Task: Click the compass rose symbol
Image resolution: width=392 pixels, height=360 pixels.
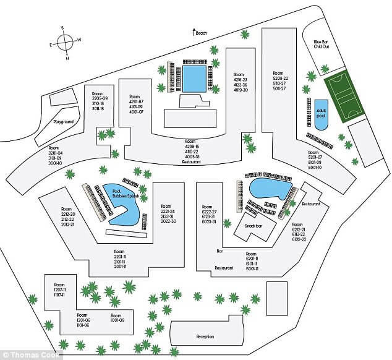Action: pyautogui.click(x=64, y=43)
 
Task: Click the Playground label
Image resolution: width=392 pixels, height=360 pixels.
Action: pyautogui.click(x=63, y=122)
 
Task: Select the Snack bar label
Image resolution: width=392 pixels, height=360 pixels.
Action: pyautogui.click(x=252, y=226)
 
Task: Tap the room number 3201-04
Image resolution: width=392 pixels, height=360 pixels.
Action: pyautogui.click(x=59, y=153)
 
